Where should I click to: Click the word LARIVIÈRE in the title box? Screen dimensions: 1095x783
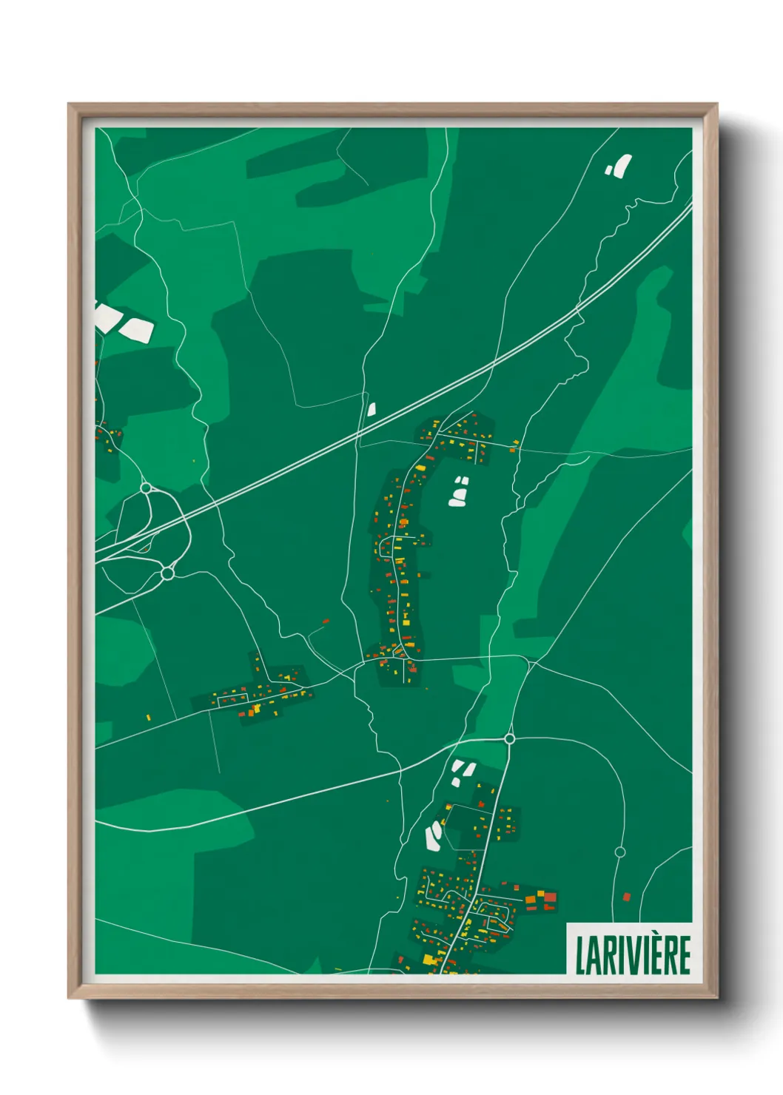pyautogui.click(x=633, y=955)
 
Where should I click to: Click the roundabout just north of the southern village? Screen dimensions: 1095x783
pyautogui.click(x=509, y=738)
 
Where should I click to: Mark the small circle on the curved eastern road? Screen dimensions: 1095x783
pyautogui.click(x=620, y=852)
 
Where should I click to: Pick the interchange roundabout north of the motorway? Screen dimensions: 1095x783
pyautogui.click(x=146, y=488)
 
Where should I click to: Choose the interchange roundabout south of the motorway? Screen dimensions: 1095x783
pyautogui.click(x=167, y=573)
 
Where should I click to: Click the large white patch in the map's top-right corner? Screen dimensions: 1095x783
pyautogui.click(x=622, y=165)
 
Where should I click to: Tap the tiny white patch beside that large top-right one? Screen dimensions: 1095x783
pyautogui.click(x=609, y=170)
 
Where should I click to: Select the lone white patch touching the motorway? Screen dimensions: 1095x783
pyautogui.click(x=372, y=408)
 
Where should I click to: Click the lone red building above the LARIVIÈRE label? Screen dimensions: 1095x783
pyautogui.click(x=626, y=897)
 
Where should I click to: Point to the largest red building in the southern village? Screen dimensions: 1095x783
pyautogui.click(x=550, y=897)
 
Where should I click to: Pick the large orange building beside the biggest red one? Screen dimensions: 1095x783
pyautogui.click(x=531, y=900)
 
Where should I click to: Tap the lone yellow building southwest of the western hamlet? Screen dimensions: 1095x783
pyautogui.click(x=149, y=717)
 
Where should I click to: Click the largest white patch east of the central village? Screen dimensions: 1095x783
pyautogui.click(x=457, y=498)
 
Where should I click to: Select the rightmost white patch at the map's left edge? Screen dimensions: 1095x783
pyautogui.click(x=136, y=330)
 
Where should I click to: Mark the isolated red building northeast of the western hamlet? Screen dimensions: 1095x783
pyautogui.click(x=326, y=621)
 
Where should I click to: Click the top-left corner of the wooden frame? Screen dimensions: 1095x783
pyautogui.click(x=69, y=104)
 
